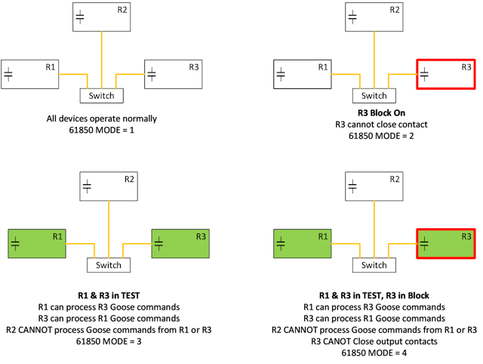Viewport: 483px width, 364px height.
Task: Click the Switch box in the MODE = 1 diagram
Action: coord(102,96)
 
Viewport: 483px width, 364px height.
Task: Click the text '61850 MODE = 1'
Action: coord(101,130)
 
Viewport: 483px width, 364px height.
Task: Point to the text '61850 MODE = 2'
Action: coord(374,137)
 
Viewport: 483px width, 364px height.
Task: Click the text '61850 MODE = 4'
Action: coord(374,352)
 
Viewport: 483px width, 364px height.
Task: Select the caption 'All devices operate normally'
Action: coord(101,119)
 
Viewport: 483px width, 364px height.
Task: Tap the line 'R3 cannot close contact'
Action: coord(374,124)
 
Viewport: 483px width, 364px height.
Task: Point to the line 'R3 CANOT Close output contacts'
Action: coord(374,341)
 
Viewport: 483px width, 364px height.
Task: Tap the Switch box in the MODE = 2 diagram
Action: coord(374,96)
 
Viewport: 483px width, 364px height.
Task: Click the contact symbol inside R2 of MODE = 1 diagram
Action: coord(80,15)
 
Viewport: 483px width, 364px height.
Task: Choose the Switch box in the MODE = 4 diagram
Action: coord(374,265)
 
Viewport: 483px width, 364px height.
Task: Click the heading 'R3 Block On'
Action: coord(374,112)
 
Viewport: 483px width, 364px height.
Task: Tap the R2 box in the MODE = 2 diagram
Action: coord(374,17)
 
